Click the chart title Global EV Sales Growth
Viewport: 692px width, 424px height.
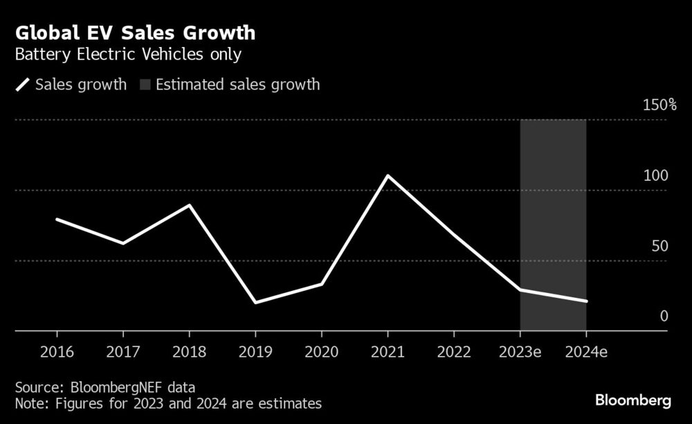coord(135,33)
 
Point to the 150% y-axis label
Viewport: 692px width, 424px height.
coord(659,105)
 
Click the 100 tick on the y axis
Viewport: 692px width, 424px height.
coord(656,175)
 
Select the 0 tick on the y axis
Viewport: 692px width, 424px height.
coord(664,317)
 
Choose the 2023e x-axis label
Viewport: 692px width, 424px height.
coord(520,351)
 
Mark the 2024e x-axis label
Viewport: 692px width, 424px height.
coord(587,351)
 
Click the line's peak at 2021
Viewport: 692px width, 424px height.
coord(388,176)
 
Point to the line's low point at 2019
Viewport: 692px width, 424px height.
coord(255,303)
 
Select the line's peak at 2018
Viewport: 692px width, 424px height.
coord(189,205)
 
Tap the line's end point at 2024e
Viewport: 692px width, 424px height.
coord(587,301)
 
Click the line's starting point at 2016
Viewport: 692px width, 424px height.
coord(56,219)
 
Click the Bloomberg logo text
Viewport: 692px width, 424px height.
coord(633,400)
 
